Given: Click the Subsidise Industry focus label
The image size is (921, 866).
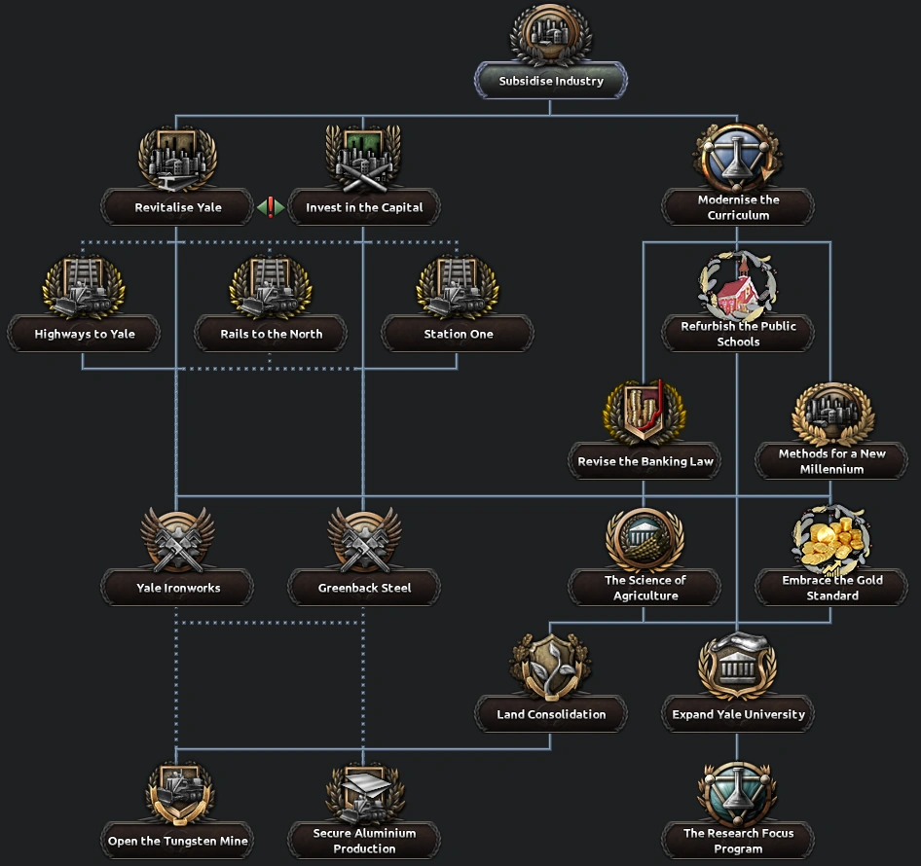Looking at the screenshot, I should point(551,82).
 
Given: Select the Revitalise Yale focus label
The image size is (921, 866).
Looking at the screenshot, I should point(178,207).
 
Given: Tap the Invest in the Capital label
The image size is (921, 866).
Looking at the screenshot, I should point(364,207).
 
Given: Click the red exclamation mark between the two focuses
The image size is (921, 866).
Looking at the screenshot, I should point(271,207).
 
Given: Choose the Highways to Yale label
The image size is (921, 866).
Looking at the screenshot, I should point(85,334).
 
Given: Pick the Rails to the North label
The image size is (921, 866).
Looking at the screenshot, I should point(271,334).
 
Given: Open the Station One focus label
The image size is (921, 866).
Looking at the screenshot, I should point(458,334).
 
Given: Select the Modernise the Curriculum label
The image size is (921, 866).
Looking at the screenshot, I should point(738,207).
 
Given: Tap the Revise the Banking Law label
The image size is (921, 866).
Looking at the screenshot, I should point(645,461).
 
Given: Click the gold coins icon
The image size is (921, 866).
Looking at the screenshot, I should point(830,540).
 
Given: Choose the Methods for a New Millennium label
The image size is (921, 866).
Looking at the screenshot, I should point(831,461).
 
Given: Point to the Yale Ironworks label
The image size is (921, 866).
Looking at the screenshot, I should point(178,588).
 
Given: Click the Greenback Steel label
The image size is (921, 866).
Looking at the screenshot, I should point(364,588).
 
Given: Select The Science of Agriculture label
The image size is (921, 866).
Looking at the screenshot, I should point(645,588).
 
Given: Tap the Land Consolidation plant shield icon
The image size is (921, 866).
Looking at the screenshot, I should point(550,667).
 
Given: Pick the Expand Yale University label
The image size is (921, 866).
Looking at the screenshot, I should point(738,714).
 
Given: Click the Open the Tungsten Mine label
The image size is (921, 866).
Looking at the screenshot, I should point(178,841).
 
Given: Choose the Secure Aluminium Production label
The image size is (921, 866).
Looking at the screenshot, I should point(364,841).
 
